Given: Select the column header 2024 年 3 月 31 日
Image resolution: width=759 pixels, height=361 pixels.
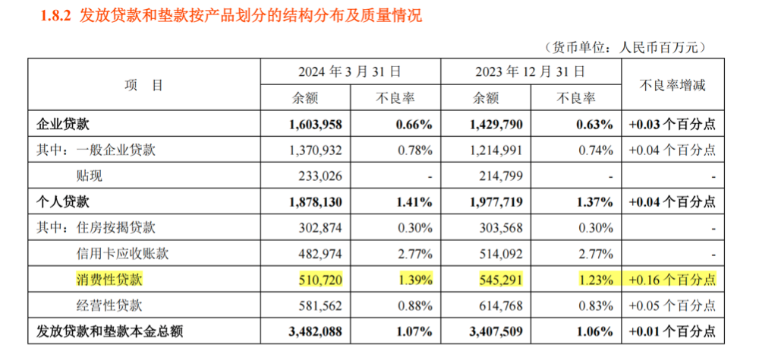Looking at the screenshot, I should (x=348, y=72).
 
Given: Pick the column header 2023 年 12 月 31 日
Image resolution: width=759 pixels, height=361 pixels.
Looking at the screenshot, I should (x=530, y=72).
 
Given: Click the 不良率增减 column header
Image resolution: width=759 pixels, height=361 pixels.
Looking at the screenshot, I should (x=667, y=85).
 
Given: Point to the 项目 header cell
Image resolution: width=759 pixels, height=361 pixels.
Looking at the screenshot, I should (x=143, y=85).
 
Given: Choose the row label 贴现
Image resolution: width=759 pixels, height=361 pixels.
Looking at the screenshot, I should (x=90, y=176).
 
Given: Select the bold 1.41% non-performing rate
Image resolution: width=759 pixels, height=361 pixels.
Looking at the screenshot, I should (x=415, y=202).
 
